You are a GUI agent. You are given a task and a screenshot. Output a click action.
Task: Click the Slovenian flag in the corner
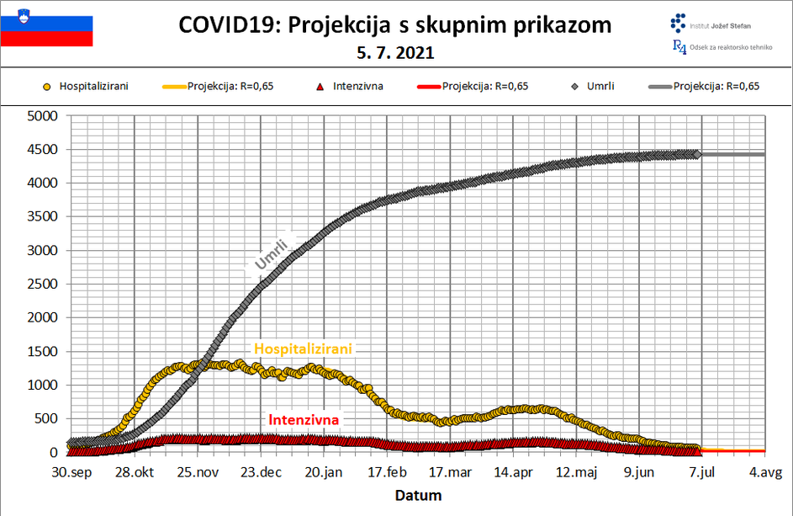click(46, 24)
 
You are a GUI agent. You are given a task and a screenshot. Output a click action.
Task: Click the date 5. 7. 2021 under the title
click(395, 53)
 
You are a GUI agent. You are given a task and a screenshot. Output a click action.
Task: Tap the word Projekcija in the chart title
click(336, 24)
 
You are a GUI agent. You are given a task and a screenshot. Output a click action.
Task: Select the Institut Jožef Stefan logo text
click(720, 26)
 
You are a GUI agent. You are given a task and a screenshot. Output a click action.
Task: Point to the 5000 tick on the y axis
click(41, 115)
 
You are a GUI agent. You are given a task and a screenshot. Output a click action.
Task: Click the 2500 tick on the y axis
click(41, 284)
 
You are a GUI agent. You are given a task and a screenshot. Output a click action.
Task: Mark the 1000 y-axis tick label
click(41, 385)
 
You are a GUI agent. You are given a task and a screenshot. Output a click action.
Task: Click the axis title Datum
click(418, 495)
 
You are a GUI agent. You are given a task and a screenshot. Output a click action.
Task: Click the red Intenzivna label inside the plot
click(304, 419)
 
